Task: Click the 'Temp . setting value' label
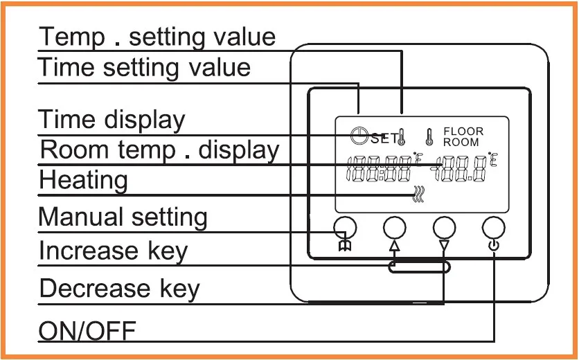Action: click(157, 36)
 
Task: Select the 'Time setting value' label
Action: click(144, 68)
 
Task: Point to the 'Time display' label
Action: click(112, 119)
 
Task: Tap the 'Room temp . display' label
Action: click(159, 150)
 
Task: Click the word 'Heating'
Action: click(83, 180)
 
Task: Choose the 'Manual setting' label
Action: click(123, 217)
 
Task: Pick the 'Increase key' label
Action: click(113, 251)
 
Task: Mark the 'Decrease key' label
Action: click(119, 288)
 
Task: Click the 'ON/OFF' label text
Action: click(87, 331)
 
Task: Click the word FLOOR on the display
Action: click(463, 132)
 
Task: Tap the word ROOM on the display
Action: click(461, 142)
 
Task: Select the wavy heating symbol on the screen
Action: click(418, 196)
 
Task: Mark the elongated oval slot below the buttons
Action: click(420, 267)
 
